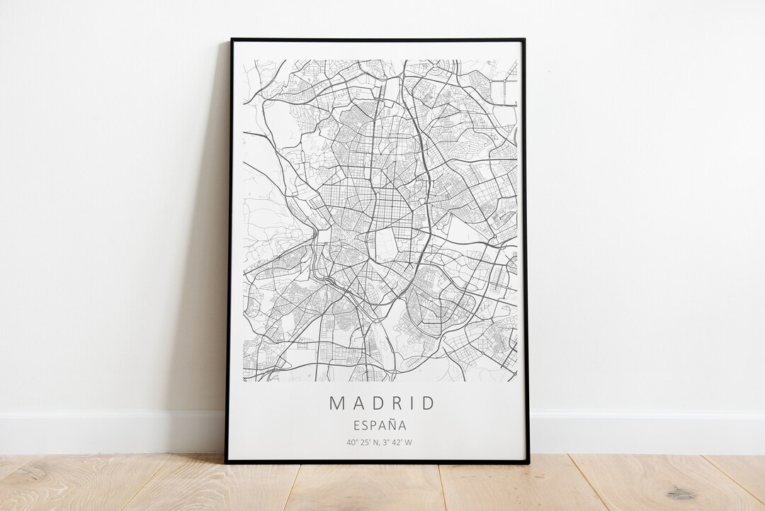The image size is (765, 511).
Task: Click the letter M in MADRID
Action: coord(336,403)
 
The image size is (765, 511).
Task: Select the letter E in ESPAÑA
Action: coord(356,426)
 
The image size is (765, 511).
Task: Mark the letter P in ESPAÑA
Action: coord(374,426)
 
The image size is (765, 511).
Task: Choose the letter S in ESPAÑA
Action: coord(365,426)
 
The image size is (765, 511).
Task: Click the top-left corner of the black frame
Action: coord(232,40)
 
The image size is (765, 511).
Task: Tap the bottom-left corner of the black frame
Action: coord(227,462)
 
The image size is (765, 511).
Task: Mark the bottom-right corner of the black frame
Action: coord(528,462)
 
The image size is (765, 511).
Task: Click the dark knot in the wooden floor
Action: coord(681,493)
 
